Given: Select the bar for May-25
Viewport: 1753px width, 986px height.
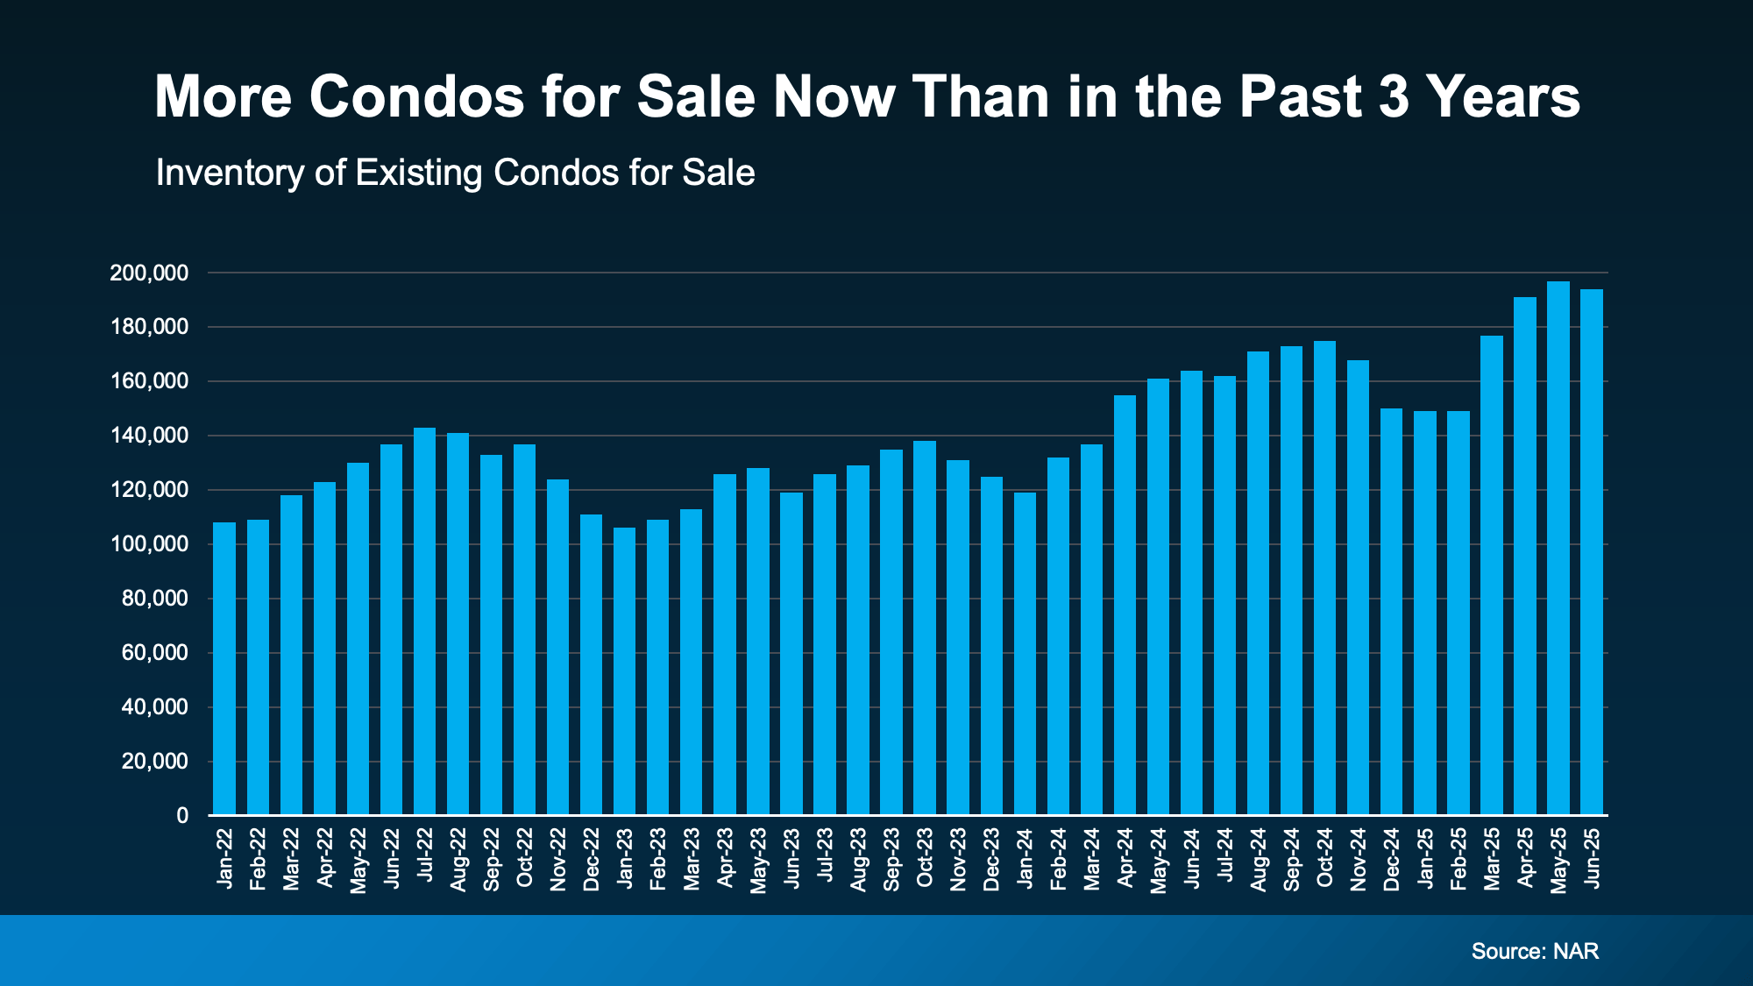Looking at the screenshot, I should (x=1558, y=548).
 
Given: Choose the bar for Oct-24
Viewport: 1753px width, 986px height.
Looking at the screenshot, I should (x=1324, y=578).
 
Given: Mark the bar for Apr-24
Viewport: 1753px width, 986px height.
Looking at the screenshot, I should (x=1125, y=605).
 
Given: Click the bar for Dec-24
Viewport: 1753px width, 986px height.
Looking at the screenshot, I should (x=1391, y=611).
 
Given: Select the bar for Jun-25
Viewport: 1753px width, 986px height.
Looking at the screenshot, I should (x=1592, y=552).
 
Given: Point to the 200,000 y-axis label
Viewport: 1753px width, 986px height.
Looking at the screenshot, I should (x=149, y=273).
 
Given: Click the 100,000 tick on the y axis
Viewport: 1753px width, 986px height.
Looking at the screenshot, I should (x=149, y=544).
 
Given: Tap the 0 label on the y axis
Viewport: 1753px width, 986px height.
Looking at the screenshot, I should (x=182, y=816).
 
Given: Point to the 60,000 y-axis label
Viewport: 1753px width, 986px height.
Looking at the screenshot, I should (x=155, y=653).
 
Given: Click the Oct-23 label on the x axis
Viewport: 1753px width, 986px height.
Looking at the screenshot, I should (x=925, y=859).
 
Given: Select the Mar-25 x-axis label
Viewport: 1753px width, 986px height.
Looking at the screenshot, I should (x=1492, y=859).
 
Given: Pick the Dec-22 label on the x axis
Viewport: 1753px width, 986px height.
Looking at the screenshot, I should (x=592, y=859).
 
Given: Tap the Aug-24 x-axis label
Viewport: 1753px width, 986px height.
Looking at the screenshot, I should (x=1258, y=859).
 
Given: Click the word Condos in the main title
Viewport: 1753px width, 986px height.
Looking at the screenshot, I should (x=416, y=96).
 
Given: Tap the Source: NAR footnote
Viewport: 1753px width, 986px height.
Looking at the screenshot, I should (x=1535, y=951).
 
